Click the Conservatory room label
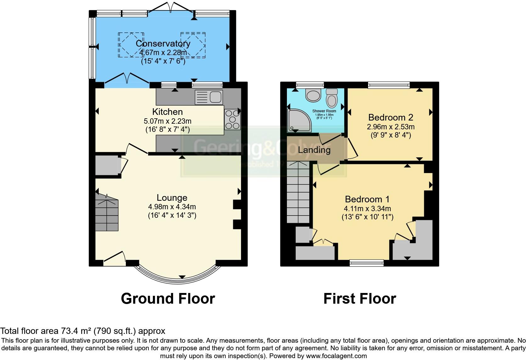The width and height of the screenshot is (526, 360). tap(163, 43)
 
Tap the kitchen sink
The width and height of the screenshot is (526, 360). tap(209, 97)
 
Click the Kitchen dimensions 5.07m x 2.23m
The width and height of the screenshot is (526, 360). tap(167, 121)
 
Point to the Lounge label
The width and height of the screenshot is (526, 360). tap(172, 198)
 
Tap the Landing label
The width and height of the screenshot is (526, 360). tap(314, 150)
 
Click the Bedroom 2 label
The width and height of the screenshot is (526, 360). tap(390, 117)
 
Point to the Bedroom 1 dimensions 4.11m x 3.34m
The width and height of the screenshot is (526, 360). tap(367, 208)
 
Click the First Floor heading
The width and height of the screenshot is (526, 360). tap(360, 298)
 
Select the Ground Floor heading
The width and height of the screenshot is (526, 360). tap(168, 298)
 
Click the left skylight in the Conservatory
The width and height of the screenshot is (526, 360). tap(131, 45)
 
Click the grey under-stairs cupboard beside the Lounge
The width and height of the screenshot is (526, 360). tap(107, 165)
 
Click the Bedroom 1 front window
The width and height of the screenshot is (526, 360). tap(367, 263)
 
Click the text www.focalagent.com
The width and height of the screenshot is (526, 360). tap(336, 356)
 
